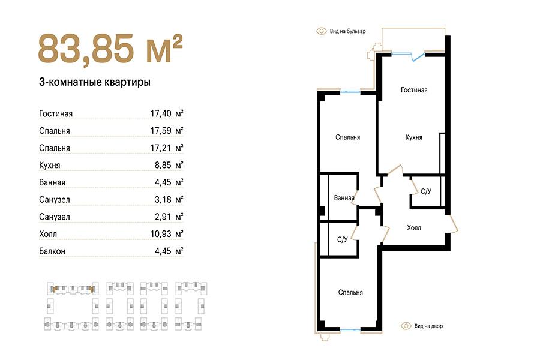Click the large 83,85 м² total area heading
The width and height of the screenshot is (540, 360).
pyautogui.click(x=110, y=49)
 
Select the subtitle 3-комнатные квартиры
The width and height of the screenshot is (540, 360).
pyautogui.click(x=95, y=82)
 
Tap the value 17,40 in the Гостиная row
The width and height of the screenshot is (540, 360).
pyautogui.click(x=160, y=113)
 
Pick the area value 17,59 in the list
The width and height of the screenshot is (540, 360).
pyautogui.click(x=160, y=131)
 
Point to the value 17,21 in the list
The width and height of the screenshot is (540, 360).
pyautogui.click(x=160, y=148)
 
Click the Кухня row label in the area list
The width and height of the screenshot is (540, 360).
pyautogui.click(x=50, y=165)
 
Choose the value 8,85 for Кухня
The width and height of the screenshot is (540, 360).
pyautogui.click(x=163, y=165)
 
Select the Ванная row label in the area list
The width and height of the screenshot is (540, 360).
pyautogui.click(x=52, y=182)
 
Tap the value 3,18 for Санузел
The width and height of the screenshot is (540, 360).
pyautogui.click(x=163, y=199)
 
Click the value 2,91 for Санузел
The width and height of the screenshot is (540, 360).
pyautogui.click(x=163, y=217)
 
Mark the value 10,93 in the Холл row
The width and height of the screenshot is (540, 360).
pyautogui.click(x=160, y=234)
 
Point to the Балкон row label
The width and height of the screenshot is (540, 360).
pyautogui.click(x=52, y=251)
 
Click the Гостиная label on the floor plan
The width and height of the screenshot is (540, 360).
pyautogui.click(x=414, y=90)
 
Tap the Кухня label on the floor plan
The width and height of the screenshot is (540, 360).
pyautogui.click(x=413, y=137)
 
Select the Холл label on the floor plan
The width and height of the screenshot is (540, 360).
pyautogui.click(x=413, y=228)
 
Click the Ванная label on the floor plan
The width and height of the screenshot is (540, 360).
pyautogui.click(x=344, y=198)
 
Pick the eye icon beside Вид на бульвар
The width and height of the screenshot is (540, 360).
pyautogui.click(x=322, y=31)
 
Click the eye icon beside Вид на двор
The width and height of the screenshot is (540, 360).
pyautogui.click(x=406, y=326)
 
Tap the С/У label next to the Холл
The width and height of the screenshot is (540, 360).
pyautogui.click(x=426, y=191)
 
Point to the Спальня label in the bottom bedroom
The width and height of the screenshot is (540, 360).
pyautogui.click(x=350, y=292)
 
